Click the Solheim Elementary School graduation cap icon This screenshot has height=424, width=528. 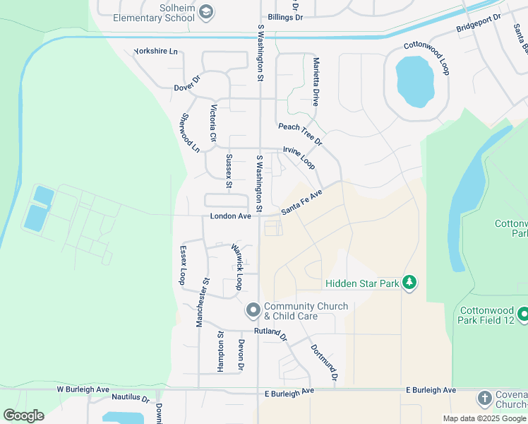coord(205,11)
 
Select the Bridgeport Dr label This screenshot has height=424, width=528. coord(478,24)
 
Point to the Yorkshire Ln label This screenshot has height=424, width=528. coord(155,52)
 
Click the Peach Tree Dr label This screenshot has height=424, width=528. coord(300,133)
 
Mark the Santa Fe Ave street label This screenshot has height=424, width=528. coord(301,202)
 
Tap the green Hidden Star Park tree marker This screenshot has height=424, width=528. coord(409,283)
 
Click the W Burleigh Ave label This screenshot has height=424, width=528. coord(83,389)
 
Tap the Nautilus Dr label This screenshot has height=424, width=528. coord(126,399)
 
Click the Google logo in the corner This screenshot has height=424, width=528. coord(23,415)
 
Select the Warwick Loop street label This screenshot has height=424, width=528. coord(237,267)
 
